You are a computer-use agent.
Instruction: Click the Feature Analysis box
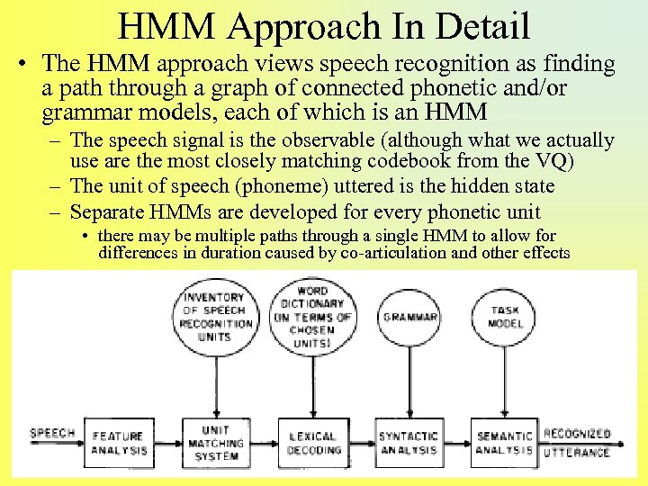coord(117,443)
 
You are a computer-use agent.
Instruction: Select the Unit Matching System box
coord(216,443)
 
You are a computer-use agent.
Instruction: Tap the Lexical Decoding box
coord(313,443)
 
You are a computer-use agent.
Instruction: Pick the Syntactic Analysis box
coord(408,443)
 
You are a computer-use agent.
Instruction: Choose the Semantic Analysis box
coord(504,443)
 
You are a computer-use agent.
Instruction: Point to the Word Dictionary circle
coord(311,317)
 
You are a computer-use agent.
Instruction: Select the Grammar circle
coord(409,318)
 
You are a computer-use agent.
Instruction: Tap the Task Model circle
coord(505,317)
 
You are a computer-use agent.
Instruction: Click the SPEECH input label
coord(52,434)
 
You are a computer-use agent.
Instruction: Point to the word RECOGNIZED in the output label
coord(577,434)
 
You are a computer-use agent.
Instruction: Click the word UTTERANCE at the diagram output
coord(577,451)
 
